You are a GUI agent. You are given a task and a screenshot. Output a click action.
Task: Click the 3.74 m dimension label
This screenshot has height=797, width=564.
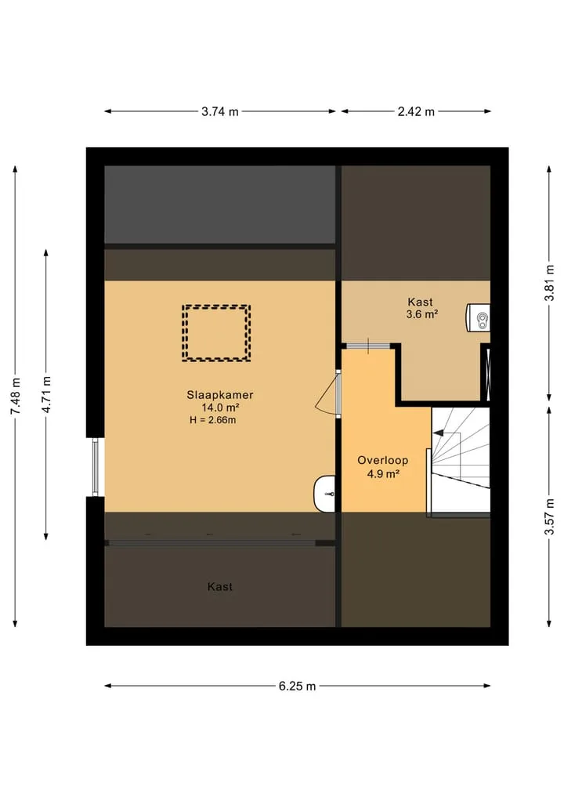coord(220,111)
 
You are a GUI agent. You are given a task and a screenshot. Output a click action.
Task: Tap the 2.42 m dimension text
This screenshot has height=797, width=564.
coord(416,111)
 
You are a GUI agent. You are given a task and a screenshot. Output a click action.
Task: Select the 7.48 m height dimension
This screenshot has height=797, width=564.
coord(15,396)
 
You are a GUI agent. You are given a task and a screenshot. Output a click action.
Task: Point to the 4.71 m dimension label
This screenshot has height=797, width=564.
coord(46,394)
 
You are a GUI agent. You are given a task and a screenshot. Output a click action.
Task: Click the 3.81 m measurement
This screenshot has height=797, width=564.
coord(549,283)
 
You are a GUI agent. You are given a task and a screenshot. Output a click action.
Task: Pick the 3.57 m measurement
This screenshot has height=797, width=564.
coord(549,516)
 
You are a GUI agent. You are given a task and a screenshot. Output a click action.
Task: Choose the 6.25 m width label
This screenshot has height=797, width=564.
coord(297,687)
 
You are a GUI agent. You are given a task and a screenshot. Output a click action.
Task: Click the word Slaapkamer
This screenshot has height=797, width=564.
coord(220,395)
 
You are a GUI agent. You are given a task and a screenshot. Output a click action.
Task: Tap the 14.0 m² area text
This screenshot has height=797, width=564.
coord(221,408)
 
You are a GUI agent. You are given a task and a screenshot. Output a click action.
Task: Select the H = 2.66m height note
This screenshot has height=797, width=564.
coord(213,420)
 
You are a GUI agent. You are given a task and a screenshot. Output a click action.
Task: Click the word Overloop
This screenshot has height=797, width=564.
coord(382,461)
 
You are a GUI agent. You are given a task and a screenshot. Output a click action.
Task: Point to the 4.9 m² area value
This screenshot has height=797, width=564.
coord(383,474)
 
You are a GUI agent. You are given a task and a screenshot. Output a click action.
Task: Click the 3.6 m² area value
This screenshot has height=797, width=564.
coord(422,314)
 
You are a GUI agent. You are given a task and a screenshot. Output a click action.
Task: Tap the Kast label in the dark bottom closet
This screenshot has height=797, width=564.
coord(220,586)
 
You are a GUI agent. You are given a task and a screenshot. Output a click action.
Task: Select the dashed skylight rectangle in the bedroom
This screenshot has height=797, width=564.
coord(216,306)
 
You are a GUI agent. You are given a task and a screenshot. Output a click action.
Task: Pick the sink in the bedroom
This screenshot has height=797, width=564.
coord(324,494)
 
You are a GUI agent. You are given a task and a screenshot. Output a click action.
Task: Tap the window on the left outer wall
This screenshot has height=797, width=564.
coord(95,466)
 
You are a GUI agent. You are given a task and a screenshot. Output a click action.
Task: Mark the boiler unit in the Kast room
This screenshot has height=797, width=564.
coord(478,317)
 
